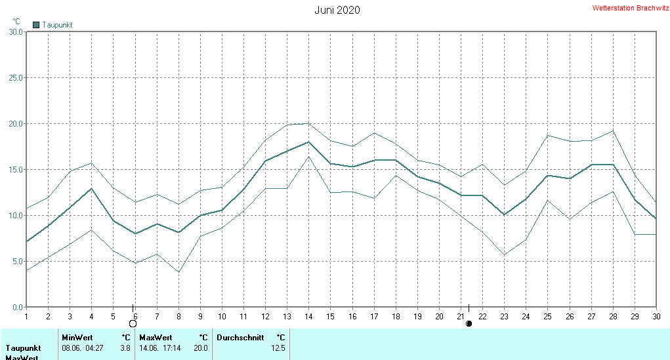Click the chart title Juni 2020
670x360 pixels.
[x=337, y=10]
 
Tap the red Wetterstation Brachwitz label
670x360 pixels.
[x=631, y=9]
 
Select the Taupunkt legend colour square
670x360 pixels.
[x=36, y=25]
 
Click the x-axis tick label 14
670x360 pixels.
[x=308, y=316]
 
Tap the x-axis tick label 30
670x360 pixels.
[x=656, y=316]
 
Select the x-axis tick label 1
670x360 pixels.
[x=26, y=316]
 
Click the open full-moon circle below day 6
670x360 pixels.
[x=133, y=323]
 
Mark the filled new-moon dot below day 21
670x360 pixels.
[x=469, y=323]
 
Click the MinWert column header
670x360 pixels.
[x=77, y=338]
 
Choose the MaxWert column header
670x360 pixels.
[x=155, y=338]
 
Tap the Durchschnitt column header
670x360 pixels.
[x=240, y=338]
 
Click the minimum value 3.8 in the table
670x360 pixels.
[x=125, y=348]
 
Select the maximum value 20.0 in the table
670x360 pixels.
[x=201, y=348]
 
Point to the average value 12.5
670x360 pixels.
[x=278, y=348]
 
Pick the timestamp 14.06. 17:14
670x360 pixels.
[x=159, y=348]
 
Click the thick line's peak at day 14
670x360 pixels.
[x=308, y=142]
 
